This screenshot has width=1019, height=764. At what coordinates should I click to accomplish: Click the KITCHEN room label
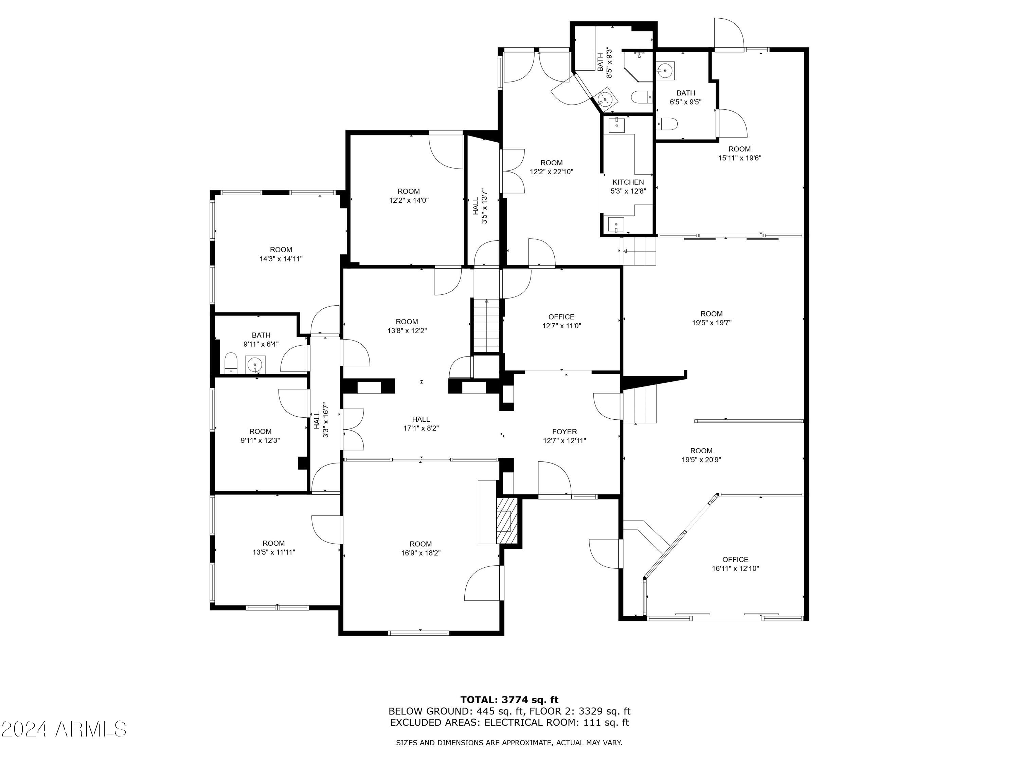tap(628, 182)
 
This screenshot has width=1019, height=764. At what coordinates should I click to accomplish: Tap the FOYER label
tap(564, 432)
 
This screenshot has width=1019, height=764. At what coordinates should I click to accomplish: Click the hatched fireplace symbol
tap(507, 521)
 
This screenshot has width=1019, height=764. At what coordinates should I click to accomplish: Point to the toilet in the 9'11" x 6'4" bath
tap(230, 363)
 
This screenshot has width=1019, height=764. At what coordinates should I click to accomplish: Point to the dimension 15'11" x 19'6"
tap(739, 158)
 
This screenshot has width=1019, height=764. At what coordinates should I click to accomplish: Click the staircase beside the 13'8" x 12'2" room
tap(485, 325)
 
